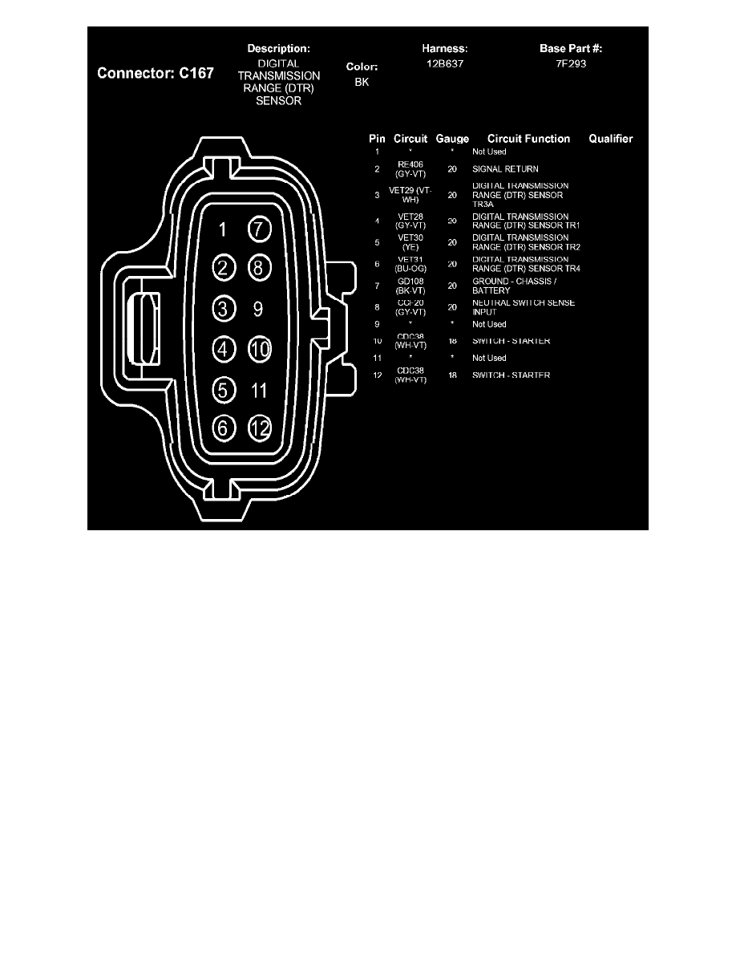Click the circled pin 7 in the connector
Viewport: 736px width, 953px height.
259,229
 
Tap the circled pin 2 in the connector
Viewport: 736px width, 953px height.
224,268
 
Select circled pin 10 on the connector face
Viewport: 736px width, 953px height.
259,349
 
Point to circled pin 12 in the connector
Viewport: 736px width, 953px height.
259,428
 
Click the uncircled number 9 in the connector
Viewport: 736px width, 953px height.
258,308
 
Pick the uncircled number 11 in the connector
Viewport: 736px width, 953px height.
258,391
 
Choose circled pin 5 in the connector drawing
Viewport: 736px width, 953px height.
224,391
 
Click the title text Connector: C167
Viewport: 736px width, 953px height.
156,73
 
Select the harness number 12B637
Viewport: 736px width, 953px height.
445,63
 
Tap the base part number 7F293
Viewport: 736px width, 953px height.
571,63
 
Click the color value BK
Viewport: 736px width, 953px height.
362,82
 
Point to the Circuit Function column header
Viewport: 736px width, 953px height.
528,139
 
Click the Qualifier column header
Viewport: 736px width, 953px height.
610,139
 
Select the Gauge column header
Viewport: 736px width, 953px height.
452,139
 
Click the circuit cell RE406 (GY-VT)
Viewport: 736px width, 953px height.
410,168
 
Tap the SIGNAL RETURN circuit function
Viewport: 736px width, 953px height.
505,169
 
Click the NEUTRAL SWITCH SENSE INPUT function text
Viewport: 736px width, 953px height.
523,307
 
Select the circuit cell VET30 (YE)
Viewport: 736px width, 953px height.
410,242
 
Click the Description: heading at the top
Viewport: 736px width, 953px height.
278,49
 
